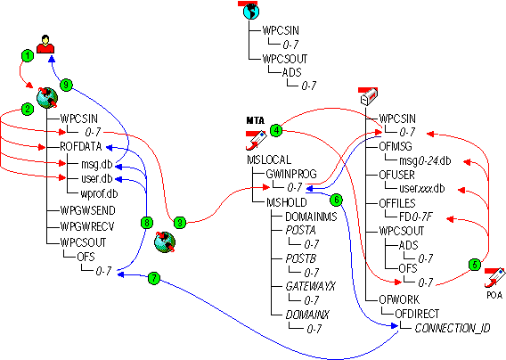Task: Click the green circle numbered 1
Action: (x=28, y=55)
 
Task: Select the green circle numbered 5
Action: (x=474, y=264)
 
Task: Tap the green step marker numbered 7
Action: (x=153, y=279)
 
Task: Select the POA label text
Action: (x=494, y=294)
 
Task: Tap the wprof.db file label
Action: (x=99, y=193)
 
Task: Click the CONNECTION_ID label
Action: (x=454, y=329)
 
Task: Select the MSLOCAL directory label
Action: (x=267, y=160)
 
